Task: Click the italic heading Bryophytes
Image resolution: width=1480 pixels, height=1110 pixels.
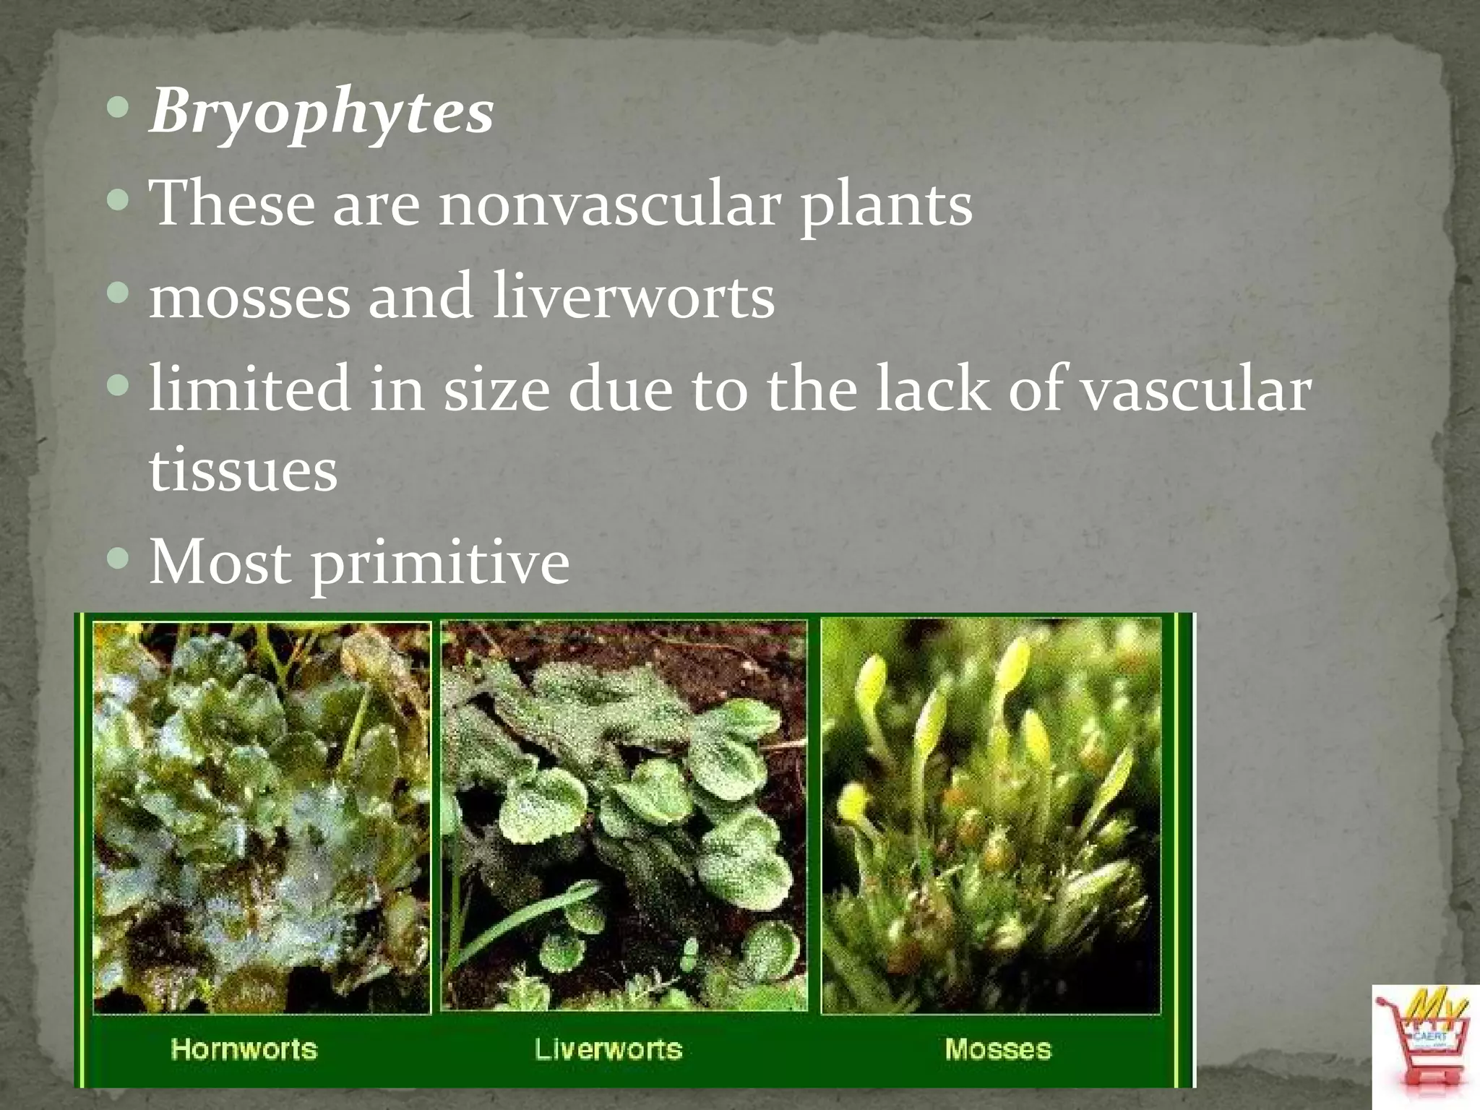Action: (321, 112)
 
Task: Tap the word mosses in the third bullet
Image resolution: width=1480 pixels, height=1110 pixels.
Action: (249, 297)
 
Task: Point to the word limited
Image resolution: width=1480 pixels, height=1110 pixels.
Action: (249, 390)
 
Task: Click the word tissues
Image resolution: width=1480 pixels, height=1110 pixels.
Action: (243, 470)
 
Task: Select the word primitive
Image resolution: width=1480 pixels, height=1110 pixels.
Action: (440, 563)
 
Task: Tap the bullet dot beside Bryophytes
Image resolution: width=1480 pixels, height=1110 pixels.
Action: (118, 108)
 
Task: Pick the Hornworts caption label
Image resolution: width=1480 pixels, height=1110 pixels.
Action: (244, 1049)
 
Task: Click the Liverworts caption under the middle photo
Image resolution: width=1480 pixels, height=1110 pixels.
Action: (608, 1049)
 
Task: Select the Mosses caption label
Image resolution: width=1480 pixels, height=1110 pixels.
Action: (998, 1049)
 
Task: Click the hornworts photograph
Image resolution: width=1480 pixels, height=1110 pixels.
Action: (262, 817)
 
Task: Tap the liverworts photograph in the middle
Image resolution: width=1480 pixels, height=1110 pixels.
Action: (624, 815)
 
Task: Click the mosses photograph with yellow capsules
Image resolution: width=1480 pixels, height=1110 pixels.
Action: (991, 815)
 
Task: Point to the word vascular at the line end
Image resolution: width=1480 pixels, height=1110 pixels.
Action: (1197, 390)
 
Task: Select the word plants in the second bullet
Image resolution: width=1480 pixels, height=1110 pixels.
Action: (886, 205)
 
